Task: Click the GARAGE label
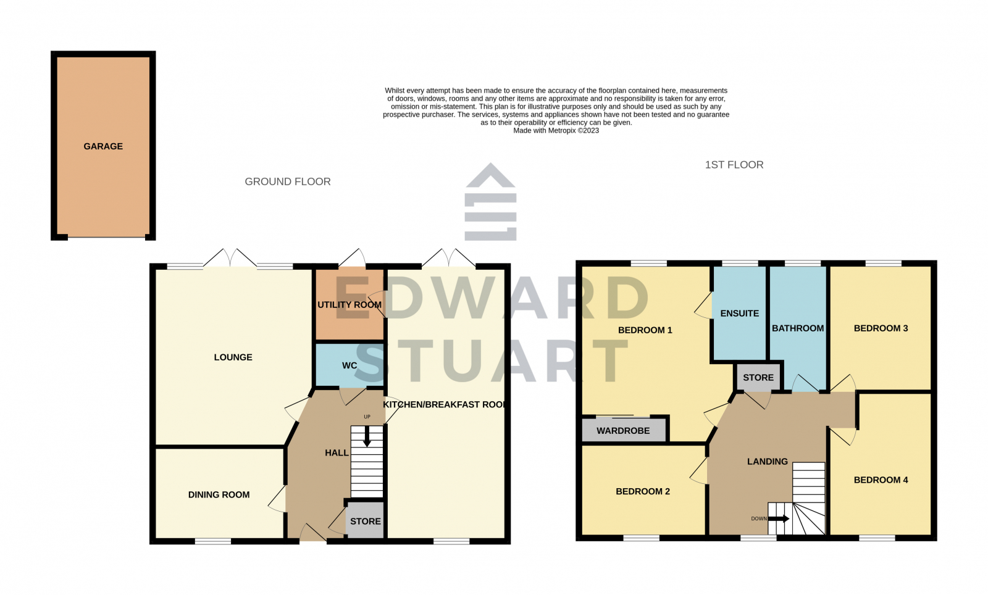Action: click(103, 146)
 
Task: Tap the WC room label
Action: click(350, 365)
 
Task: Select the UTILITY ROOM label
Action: click(349, 305)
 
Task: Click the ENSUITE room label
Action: click(739, 314)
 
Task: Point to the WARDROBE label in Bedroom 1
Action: click(623, 431)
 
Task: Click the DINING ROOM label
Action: click(219, 494)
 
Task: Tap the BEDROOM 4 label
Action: click(881, 480)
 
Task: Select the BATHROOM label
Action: click(798, 328)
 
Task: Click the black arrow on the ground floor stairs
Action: click(367, 438)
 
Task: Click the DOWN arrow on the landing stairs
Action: click(779, 518)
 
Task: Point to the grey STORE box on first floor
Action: click(758, 377)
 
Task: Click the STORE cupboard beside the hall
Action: click(365, 522)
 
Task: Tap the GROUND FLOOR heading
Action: click(288, 181)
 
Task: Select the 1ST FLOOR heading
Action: click(734, 165)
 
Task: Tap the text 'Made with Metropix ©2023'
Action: click(556, 131)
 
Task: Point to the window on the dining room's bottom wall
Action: click(213, 541)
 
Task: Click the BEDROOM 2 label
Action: click(642, 491)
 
